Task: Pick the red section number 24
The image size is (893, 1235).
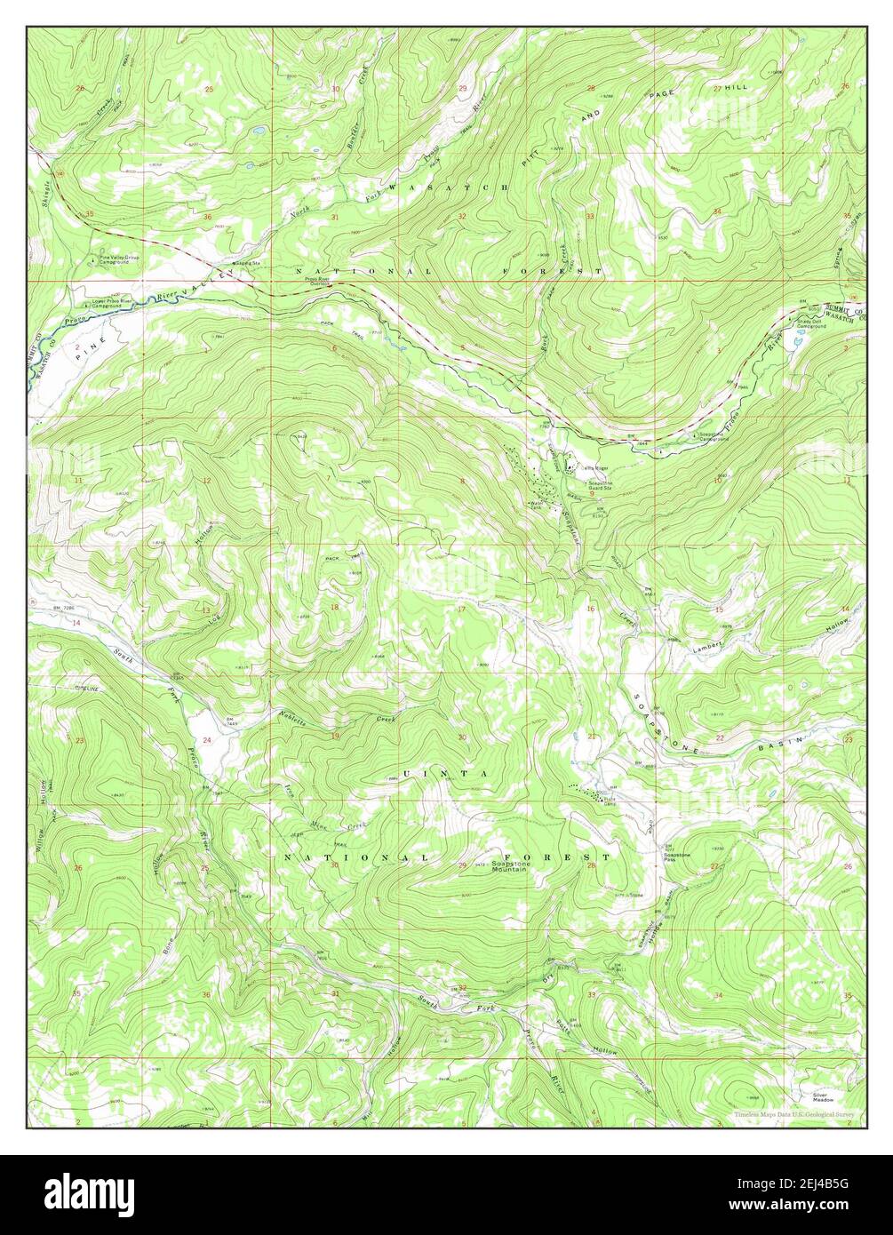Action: [x=207, y=740]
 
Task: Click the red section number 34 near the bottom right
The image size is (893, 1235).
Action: [x=717, y=996]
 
